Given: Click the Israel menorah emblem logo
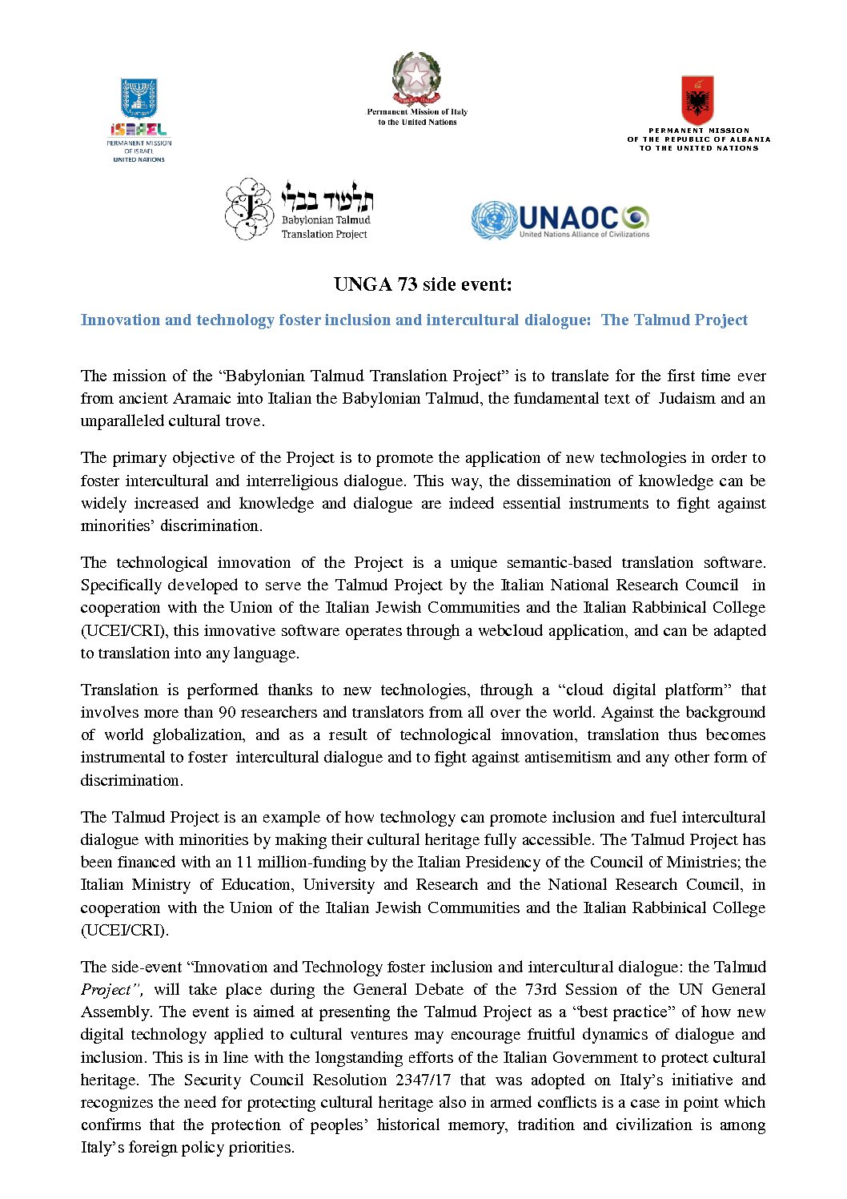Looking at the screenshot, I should click(x=138, y=99).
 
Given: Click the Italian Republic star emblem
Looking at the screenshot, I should click(x=416, y=78).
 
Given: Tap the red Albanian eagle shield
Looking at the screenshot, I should click(x=697, y=100).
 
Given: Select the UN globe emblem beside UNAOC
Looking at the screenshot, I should click(x=493, y=219).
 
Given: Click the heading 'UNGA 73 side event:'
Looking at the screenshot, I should click(x=423, y=284).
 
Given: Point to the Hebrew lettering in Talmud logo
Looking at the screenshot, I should click(x=327, y=199).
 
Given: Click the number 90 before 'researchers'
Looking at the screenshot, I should click(x=227, y=712).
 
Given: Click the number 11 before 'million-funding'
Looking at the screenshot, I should click(x=244, y=862).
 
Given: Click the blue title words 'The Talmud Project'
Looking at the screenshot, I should click(x=674, y=320).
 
